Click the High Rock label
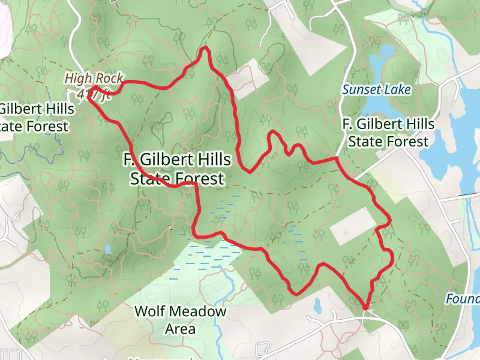[94, 78]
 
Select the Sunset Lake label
[377, 90]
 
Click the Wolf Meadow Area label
[180, 320]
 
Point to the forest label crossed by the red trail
[177, 169]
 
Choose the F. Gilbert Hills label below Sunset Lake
[388, 133]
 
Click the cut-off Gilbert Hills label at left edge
[35, 118]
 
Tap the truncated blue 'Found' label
[463, 298]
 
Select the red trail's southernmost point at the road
[365, 308]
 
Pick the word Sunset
[359, 90]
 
